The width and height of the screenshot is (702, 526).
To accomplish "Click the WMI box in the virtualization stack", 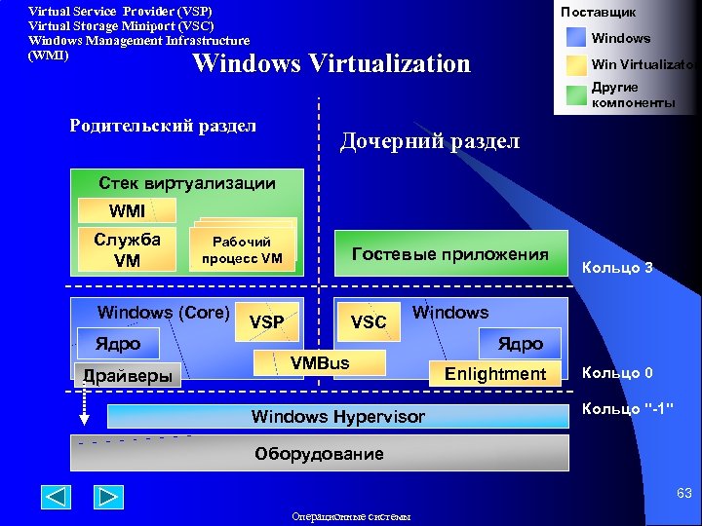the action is coord(128,210).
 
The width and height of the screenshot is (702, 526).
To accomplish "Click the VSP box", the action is coord(267,321).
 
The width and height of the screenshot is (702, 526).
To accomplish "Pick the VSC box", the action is coord(369,321).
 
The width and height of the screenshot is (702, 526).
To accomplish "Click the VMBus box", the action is coord(320,363).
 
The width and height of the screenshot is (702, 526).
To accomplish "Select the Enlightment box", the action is coord(495,373).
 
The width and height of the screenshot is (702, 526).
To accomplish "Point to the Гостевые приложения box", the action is coord(450,254).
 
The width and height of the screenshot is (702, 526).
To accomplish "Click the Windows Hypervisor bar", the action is coord(337,417).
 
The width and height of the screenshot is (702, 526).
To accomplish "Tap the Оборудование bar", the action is coord(319,454).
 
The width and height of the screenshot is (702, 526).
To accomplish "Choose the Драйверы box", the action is coord(128,375).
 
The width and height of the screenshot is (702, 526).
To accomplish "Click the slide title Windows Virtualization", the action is coord(331,64).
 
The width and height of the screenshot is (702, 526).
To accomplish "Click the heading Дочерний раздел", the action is coord(429,141).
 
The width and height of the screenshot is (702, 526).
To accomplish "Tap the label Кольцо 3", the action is coord(617,267).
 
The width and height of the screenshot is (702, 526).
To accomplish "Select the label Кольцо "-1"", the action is coord(629,408).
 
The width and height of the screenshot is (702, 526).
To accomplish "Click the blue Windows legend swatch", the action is coord(575,38).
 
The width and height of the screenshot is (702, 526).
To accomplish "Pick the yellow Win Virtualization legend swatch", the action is coord(575,65).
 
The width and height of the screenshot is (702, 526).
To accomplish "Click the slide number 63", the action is coord(684,494).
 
